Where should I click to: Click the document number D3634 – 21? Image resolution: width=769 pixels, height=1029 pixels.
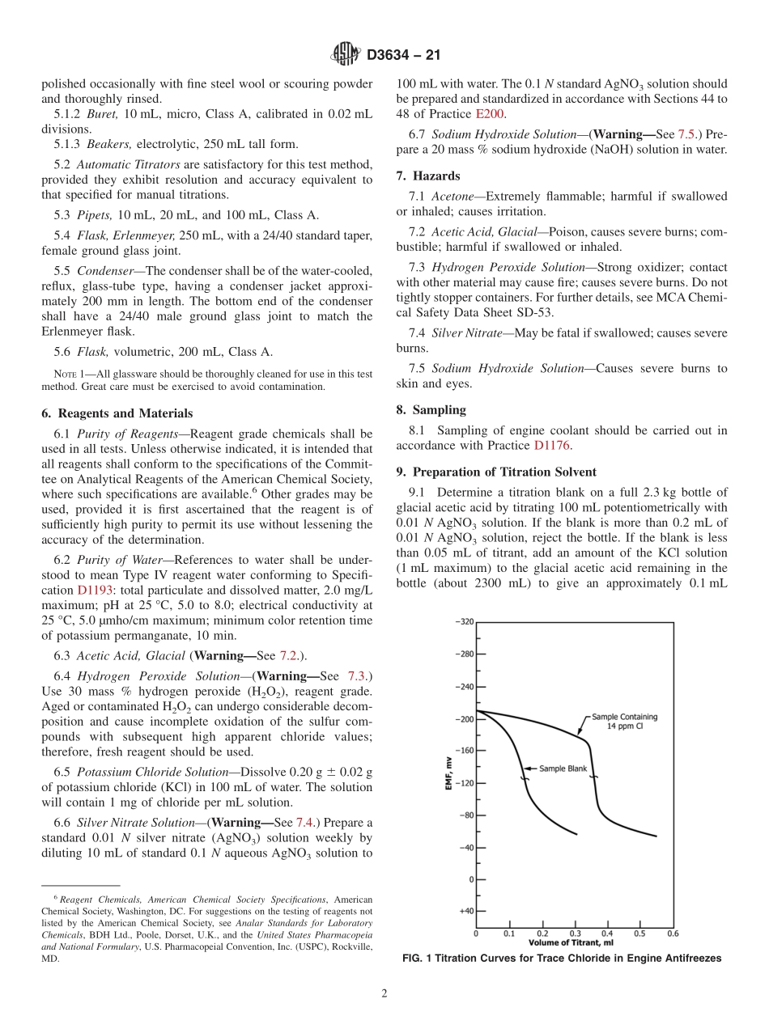403,56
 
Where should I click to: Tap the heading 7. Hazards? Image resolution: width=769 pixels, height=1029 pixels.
427,176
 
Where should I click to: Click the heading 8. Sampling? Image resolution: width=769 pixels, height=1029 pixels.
431,410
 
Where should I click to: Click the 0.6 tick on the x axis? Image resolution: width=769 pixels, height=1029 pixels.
673,933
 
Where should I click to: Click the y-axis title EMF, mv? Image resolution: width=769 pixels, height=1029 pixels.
448,772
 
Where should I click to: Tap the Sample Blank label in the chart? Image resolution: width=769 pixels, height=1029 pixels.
563,769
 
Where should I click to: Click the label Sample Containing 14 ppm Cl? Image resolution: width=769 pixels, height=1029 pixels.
624,721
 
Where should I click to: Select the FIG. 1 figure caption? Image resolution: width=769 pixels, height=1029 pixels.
562,959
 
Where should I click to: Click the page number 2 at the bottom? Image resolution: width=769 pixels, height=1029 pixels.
384,993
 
